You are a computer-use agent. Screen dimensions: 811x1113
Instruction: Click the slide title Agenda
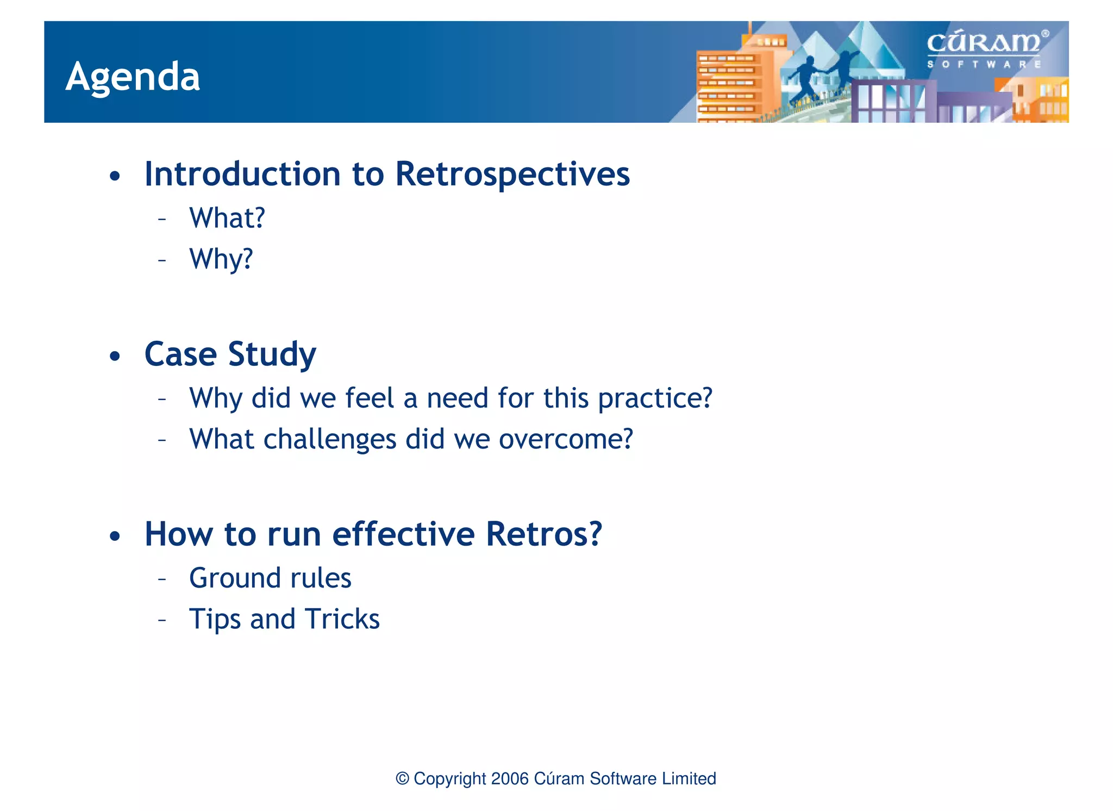click(133, 77)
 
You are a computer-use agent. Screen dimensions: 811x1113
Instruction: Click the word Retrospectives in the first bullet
click(512, 174)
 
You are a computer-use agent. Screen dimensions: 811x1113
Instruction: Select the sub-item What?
click(227, 219)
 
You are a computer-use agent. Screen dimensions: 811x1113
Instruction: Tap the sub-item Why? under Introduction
click(221, 259)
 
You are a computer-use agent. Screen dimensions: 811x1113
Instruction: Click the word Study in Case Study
click(272, 355)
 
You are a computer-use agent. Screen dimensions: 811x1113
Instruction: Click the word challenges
click(329, 439)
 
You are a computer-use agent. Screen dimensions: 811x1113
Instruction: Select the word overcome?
click(566, 439)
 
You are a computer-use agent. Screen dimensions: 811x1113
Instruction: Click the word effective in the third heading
click(403, 534)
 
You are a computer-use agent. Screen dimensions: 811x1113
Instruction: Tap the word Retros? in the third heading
click(543, 534)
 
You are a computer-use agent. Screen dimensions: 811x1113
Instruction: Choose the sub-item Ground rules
click(270, 578)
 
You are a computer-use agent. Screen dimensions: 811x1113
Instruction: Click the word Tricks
click(342, 619)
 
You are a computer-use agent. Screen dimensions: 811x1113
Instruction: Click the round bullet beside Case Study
click(114, 357)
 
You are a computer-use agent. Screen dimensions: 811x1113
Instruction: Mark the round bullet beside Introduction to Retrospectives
click(114, 177)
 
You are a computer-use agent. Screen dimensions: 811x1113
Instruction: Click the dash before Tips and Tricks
click(161, 620)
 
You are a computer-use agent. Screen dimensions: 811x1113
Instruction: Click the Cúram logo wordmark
click(983, 43)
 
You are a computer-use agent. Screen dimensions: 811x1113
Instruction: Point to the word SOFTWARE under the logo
click(983, 64)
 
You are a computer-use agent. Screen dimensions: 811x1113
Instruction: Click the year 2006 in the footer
click(509, 778)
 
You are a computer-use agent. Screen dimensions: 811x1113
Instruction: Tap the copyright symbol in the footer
click(402, 778)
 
